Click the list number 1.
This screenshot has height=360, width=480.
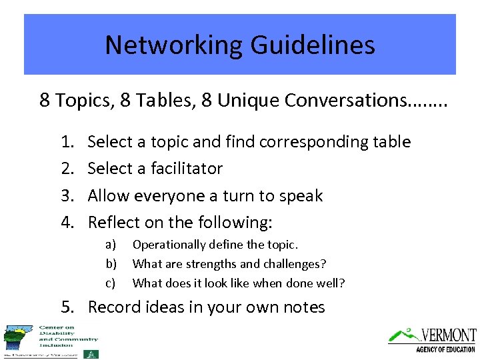tap(66, 141)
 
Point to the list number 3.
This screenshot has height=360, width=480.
tap(66, 196)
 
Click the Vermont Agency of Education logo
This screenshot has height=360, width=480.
tap(433, 339)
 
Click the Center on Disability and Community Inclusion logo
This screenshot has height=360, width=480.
tap(51, 341)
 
